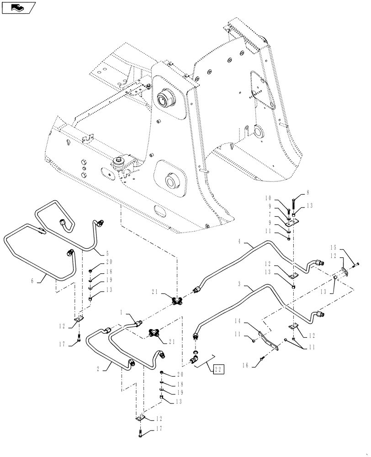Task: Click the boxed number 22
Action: click(x=217, y=368)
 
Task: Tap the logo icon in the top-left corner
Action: click(x=19, y=7)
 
